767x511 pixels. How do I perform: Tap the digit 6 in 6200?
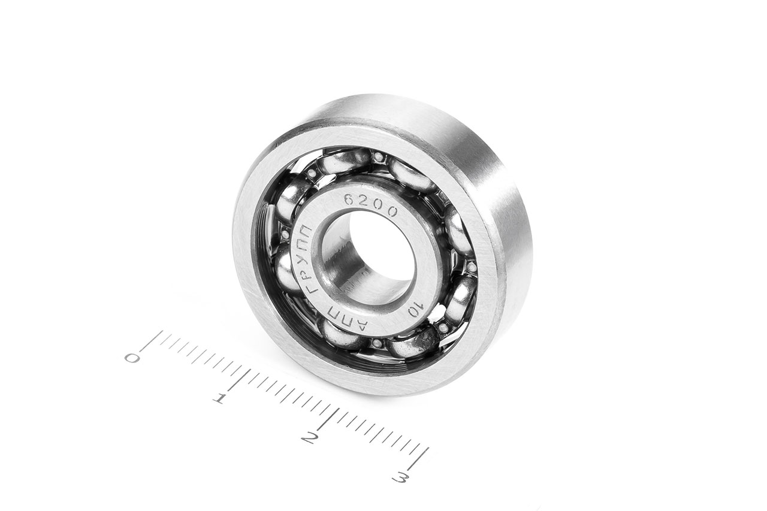(x=349, y=199)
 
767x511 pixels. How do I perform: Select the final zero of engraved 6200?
(x=391, y=212)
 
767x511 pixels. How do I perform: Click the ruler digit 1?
(x=220, y=399)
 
